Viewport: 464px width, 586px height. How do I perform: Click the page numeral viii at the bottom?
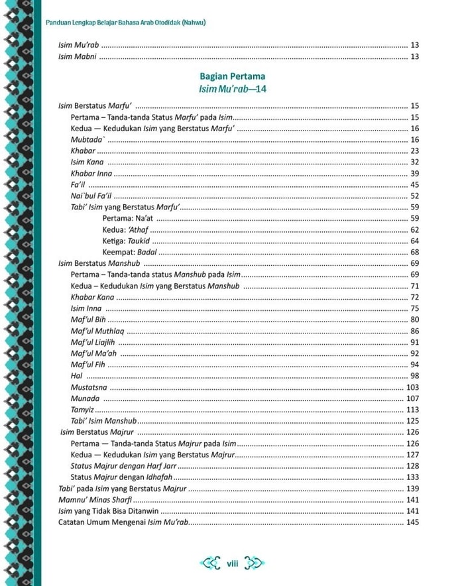232,564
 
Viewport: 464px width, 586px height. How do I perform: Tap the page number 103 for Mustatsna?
412,387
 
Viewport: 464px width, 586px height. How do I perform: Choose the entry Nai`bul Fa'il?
91,196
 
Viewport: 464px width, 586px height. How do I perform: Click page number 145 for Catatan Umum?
412,523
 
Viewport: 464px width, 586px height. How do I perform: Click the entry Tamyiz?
82,410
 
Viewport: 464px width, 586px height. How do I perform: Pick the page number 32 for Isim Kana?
415,162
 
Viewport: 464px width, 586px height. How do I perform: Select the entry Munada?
85,398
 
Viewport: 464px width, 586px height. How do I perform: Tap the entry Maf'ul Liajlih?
93,342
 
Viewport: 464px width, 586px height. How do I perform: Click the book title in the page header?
125,23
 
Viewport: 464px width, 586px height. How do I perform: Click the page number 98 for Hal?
415,376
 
